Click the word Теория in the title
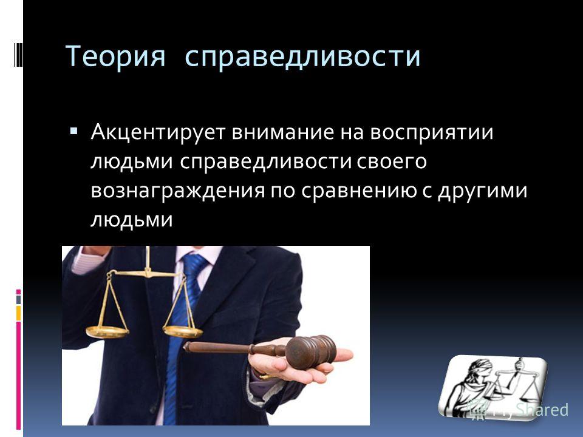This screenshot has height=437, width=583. pyautogui.click(x=115, y=56)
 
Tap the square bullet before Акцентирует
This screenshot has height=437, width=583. pyautogui.click(x=73, y=131)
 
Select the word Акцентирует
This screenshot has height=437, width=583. pyautogui.click(x=158, y=132)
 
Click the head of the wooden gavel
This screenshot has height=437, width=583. pyautogui.click(x=311, y=351)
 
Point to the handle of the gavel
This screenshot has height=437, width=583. pyautogui.click(x=235, y=348)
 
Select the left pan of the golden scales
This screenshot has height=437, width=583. pyautogui.click(x=107, y=332)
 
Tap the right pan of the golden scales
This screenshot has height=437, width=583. pyautogui.click(x=183, y=331)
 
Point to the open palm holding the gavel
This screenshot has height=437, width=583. pyautogui.click(x=298, y=362)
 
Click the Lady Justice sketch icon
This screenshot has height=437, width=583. pyautogui.click(x=493, y=387)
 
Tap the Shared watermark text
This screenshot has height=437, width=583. pyautogui.click(x=542, y=410)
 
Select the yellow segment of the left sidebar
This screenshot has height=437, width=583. pyautogui.click(x=18, y=313)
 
